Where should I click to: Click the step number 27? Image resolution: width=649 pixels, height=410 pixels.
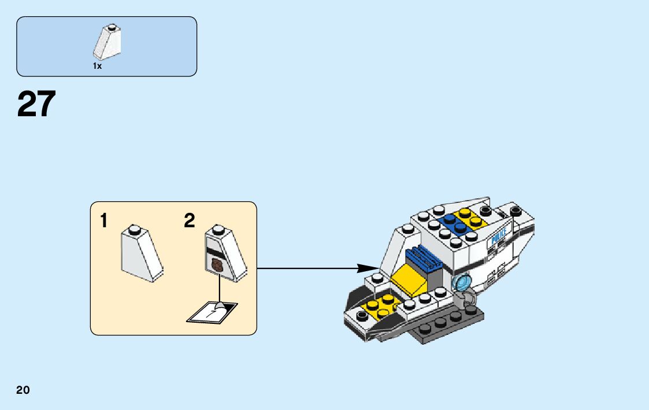[36, 104]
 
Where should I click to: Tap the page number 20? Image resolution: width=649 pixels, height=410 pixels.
[23, 390]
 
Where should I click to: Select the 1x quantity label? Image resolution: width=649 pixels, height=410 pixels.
[97, 67]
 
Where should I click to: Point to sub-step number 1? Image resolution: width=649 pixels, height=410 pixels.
[104, 220]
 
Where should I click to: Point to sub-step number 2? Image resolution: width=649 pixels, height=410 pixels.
[190, 220]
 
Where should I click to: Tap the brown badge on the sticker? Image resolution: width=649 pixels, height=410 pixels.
[217, 265]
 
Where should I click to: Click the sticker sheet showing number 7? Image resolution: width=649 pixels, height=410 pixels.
[212, 312]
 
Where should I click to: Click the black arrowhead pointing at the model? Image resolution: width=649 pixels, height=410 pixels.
[365, 268]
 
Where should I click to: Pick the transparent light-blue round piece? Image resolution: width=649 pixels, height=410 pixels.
[462, 283]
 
